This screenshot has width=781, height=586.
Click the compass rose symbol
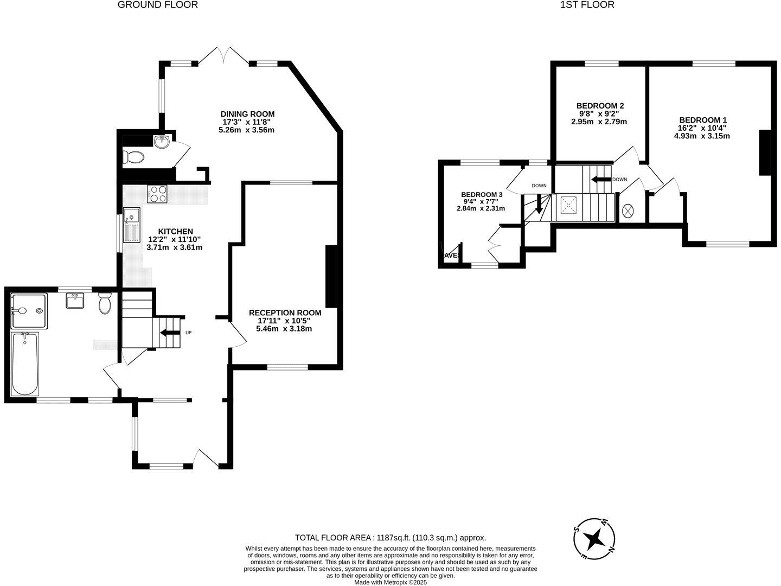click(595, 539)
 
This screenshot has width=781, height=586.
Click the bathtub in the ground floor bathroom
click(25, 364)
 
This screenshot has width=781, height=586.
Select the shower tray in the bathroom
click(29, 311)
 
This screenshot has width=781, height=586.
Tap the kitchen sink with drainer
click(132, 225)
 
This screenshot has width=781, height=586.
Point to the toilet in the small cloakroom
click(133, 158)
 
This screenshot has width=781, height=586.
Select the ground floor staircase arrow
click(170, 333)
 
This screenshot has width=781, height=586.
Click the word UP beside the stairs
click(188, 333)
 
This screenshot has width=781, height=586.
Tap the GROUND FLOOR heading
click(158, 5)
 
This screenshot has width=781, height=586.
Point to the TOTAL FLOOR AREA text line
click(390, 538)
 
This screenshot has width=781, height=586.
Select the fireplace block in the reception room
click(331, 277)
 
